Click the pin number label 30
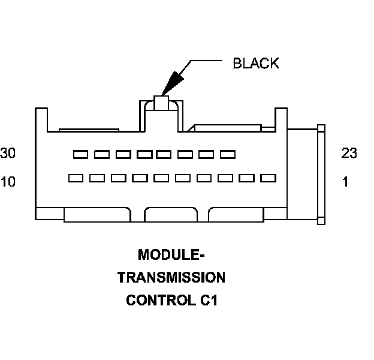(8, 154)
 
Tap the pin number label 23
(349, 154)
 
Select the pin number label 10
(8, 182)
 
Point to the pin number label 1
(345, 182)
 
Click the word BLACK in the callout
(256, 64)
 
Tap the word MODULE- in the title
(171, 254)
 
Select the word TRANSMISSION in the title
(171, 277)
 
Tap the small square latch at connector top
(162, 103)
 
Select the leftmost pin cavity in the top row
(80, 155)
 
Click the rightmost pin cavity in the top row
(228, 155)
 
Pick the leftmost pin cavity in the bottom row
(76, 178)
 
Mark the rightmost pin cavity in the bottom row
(268, 178)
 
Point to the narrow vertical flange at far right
(321, 174)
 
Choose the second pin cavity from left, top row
(101, 155)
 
